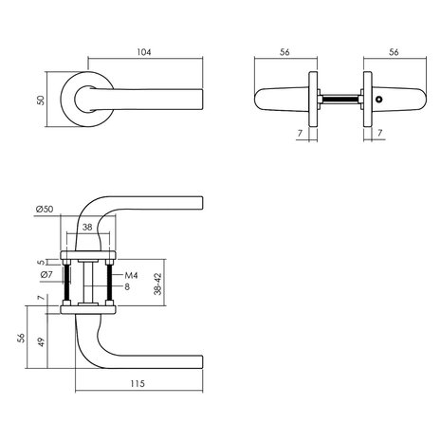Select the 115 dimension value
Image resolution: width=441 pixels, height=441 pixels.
[138, 385]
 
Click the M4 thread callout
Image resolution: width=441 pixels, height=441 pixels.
[133, 276]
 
